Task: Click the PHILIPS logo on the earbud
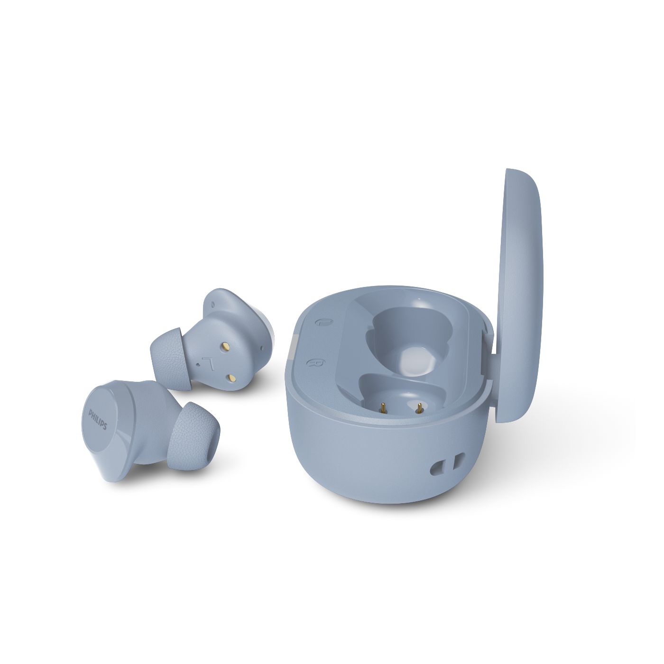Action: pyautogui.click(x=98, y=420)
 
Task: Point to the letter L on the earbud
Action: pyautogui.click(x=207, y=362)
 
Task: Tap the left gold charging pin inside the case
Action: pyautogui.click(x=383, y=408)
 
